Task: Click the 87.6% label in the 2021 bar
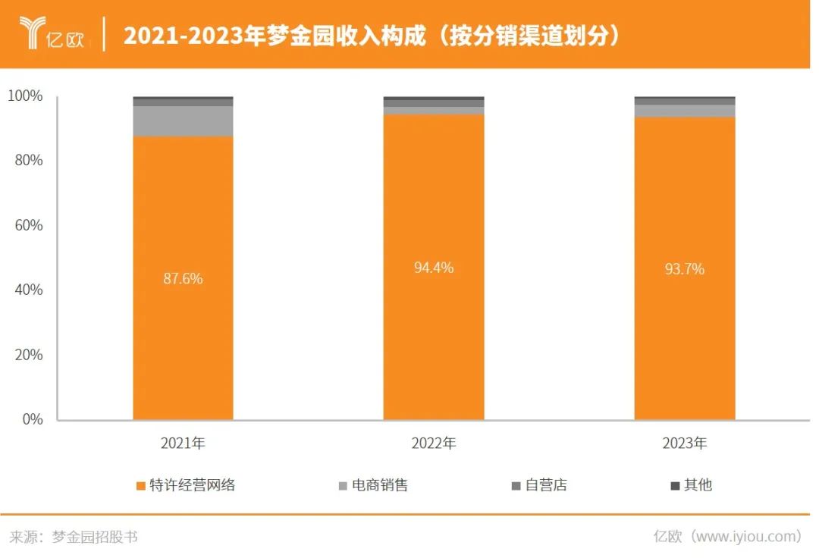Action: (x=183, y=278)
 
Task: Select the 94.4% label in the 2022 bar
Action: (x=433, y=268)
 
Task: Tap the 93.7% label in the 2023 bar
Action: (x=684, y=269)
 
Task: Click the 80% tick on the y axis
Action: (x=28, y=161)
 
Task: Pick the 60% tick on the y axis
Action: (x=28, y=225)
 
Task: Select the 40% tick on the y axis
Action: (x=28, y=290)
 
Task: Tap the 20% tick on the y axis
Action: (x=28, y=355)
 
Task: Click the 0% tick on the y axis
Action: (x=31, y=419)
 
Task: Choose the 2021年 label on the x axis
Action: (x=183, y=444)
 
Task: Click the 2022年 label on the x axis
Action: (x=433, y=444)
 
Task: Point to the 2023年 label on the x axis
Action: (x=684, y=444)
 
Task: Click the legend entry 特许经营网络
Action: (x=192, y=485)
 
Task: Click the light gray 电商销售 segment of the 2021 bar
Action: (x=183, y=121)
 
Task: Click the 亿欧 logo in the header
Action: (x=53, y=34)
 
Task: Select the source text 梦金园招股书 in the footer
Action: (x=95, y=537)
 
